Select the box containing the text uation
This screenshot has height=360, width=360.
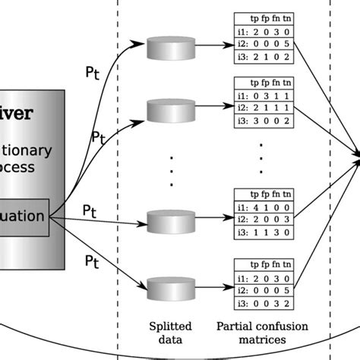pyautogui.click(x=26, y=216)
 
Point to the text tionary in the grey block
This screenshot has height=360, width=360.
pyautogui.click(x=30, y=150)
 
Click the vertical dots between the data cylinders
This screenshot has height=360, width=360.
pyautogui.click(x=171, y=171)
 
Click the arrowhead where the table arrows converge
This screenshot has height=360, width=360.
pyautogui.click(x=355, y=158)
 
